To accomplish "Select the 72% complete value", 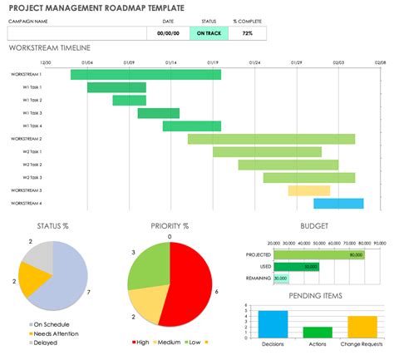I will point(247,33).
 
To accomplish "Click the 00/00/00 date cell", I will point(169,33).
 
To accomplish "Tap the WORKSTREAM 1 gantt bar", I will point(145,75).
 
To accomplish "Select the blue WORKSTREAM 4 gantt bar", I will point(338,204).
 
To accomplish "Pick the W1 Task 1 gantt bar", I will point(116,87).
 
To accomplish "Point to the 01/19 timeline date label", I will point(213,62).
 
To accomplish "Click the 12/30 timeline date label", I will point(46,62).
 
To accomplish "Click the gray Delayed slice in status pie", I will point(42,259).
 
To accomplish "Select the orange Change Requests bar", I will point(362,326).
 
